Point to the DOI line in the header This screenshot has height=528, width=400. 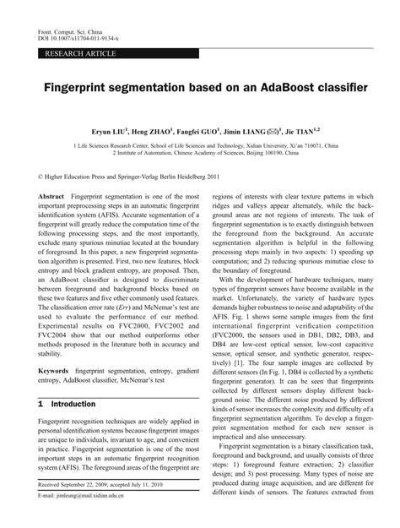[77, 39]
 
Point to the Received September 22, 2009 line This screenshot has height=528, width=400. [102, 509]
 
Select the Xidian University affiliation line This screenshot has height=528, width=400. [201, 144]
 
